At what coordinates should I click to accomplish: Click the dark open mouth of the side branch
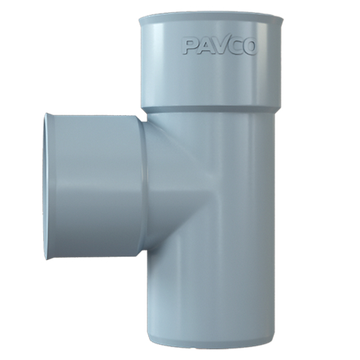click(x=46, y=186)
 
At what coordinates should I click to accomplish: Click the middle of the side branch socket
click(x=95, y=186)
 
